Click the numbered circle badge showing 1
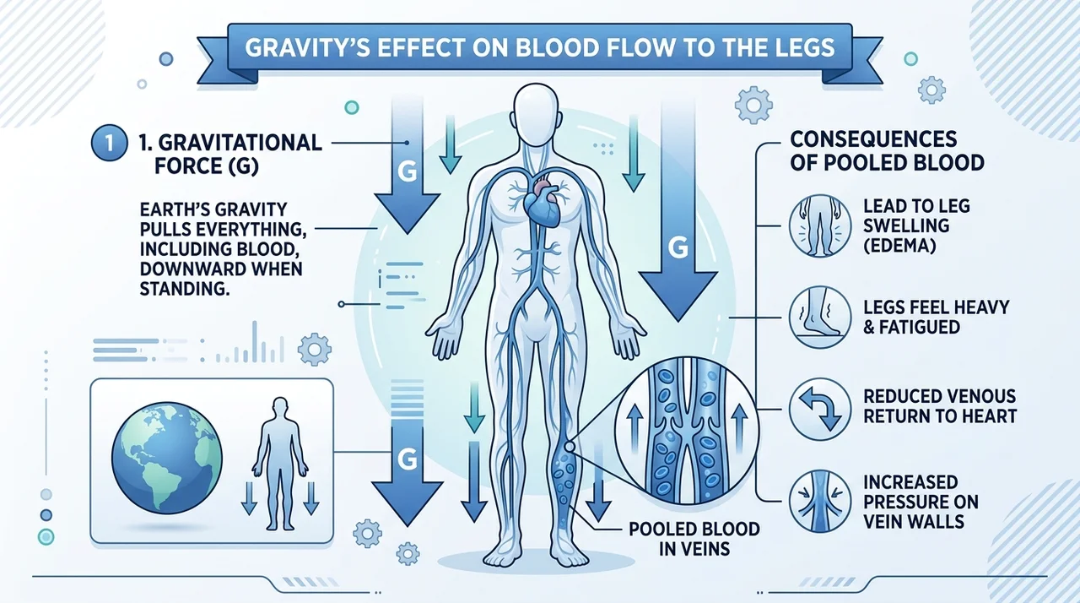point(110,144)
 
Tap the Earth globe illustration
point(167,458)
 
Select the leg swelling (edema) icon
point(819,225)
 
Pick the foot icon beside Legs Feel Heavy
point(819,317)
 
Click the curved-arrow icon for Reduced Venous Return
point(819,409)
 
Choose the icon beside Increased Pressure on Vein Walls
point(819,502)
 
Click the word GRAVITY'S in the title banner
point(307,47)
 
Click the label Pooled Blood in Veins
point(694,539)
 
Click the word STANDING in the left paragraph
point(184,289)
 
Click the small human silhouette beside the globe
point(280,464)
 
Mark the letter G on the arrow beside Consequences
point(678,247)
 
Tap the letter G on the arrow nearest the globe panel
point(408,459)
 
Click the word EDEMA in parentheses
point(899,246)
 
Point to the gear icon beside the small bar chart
point(315,349)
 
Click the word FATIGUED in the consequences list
point(920,327)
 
